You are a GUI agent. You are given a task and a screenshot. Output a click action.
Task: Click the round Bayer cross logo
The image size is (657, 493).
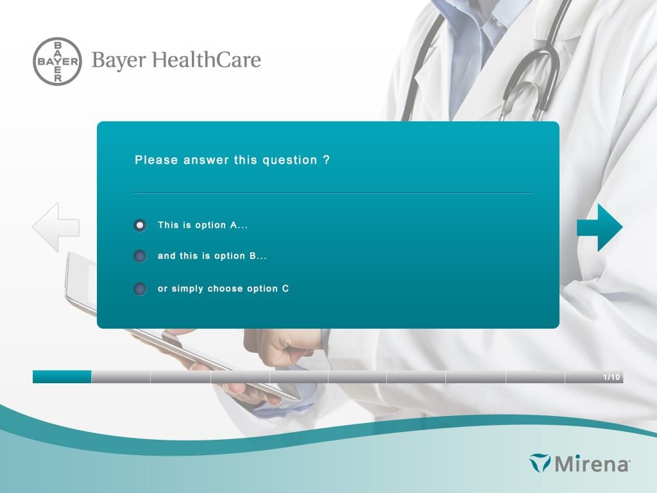[57, 61]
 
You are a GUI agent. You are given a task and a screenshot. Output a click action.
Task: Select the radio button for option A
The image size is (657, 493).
[140, 225]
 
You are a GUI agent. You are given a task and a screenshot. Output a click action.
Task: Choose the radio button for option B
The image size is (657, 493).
[140, 256]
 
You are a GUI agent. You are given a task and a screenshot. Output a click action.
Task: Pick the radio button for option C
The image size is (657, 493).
[140, 289]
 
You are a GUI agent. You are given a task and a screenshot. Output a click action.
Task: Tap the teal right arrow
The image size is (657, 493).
[599, 227]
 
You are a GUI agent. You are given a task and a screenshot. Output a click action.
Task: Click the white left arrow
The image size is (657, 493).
[56, 227]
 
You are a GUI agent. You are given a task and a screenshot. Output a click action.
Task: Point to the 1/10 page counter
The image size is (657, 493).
[611, 377]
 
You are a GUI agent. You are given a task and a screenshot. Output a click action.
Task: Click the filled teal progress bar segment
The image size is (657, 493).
[62, 377]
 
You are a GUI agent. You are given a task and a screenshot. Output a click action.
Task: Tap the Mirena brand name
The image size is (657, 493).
[592, 463]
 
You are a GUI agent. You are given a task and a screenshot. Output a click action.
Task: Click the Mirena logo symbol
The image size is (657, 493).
[540, 463]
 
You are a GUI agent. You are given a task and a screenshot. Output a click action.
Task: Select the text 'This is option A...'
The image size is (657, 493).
[202, 225]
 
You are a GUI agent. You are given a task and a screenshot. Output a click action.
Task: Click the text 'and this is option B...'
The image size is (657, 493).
[212, 256]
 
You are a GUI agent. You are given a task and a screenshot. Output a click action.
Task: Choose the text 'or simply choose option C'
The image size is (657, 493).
[223, 289]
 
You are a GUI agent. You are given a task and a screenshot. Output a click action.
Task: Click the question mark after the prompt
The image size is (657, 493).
[327, 160]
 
